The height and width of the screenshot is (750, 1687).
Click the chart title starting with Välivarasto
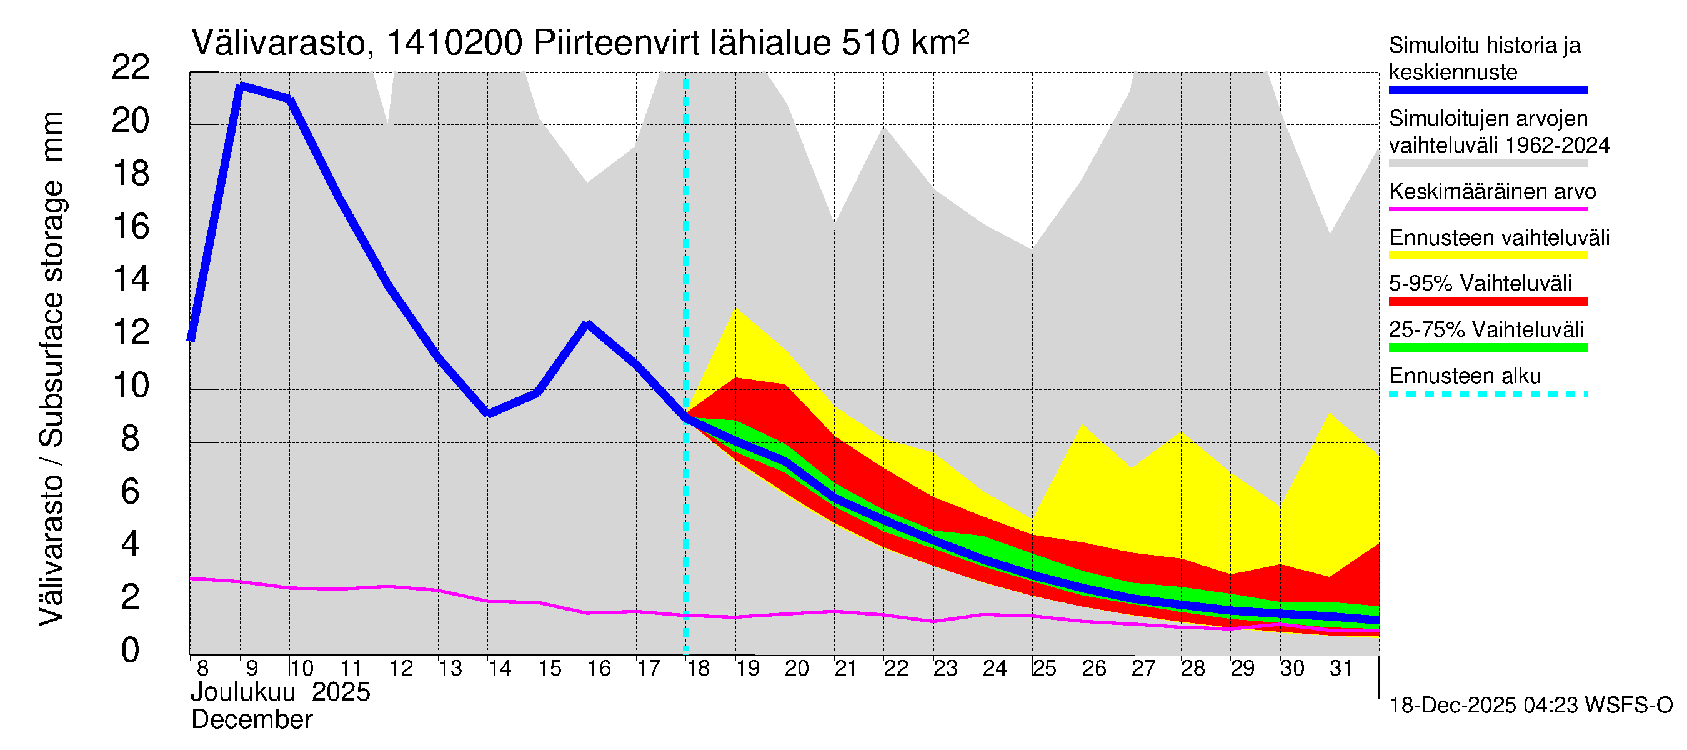pos(580,43)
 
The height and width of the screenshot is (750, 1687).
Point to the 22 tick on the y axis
pos(131,67)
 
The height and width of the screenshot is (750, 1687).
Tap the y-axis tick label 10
pos(131,386)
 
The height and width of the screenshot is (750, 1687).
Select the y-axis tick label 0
pos(131,651)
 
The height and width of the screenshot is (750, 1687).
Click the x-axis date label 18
pos(698,669)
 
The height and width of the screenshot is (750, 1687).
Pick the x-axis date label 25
pos(1045,669)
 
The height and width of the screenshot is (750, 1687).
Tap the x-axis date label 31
pos(1341,669)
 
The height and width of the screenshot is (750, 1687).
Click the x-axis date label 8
pos(202,669)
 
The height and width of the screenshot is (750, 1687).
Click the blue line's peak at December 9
pos(241,85)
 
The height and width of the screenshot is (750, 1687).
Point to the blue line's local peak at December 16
pos(587,324)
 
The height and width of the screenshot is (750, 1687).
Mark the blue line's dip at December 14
pos(488,413)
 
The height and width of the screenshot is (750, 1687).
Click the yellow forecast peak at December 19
pos(735,309)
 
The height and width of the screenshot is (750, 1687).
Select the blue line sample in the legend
pos(1487,91)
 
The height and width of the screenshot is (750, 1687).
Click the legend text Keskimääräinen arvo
pos(1492,192)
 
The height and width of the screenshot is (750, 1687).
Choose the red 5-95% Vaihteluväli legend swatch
pos(1487,301)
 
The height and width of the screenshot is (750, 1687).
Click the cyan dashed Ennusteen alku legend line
pos(1487,394)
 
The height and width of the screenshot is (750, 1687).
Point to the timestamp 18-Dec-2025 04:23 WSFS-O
pos(1530,706)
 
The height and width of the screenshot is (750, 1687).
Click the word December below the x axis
pos(251,720)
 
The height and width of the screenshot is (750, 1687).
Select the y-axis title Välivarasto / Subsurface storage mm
pos(52,369)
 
